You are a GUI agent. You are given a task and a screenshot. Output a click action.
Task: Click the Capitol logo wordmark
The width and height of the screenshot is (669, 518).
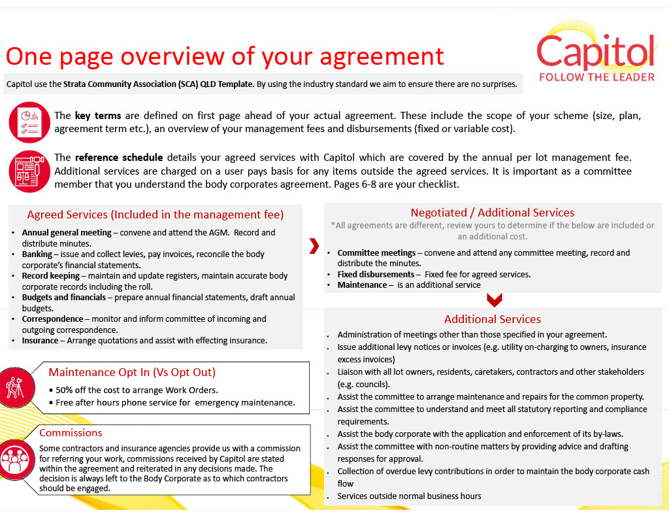(x=596, y=52)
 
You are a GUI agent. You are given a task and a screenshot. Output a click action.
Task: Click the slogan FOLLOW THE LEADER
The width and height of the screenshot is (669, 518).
(x=596, y=77)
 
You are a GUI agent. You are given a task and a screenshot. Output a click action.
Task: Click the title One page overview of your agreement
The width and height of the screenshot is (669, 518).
(x=225, y=56)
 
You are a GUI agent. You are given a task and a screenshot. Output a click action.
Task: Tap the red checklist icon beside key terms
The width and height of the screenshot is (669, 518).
(x=29, y=122)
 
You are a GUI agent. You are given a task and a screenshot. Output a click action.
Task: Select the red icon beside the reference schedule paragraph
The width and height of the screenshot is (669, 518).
(x=29, y=171)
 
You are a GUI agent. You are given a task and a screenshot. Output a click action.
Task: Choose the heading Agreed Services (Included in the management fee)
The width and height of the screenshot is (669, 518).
(x=155, y=215)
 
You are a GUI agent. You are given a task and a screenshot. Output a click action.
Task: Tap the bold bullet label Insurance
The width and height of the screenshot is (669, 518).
(x=40, y=341)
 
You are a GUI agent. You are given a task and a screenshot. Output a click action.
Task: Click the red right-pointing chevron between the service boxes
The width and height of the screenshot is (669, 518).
(x=314, y=246)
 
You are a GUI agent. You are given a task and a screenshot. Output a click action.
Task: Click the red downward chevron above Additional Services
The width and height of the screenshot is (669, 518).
(x=495, y=300)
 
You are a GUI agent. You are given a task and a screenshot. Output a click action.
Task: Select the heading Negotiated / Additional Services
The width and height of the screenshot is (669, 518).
(x=492, y=213)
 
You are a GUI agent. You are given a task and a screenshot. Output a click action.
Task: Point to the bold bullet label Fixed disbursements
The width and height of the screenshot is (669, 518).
(x=376, y=275)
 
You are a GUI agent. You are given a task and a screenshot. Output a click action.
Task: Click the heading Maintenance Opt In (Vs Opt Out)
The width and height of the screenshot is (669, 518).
(x=132, y=372)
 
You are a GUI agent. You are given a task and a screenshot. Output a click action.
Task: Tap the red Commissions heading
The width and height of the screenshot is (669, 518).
(x=71, y=433)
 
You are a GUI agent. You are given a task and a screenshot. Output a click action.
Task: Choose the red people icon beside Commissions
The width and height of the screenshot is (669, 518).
(x=18, y=460)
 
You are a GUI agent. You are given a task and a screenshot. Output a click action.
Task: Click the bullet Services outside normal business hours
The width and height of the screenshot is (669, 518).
(x=409, y=496)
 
